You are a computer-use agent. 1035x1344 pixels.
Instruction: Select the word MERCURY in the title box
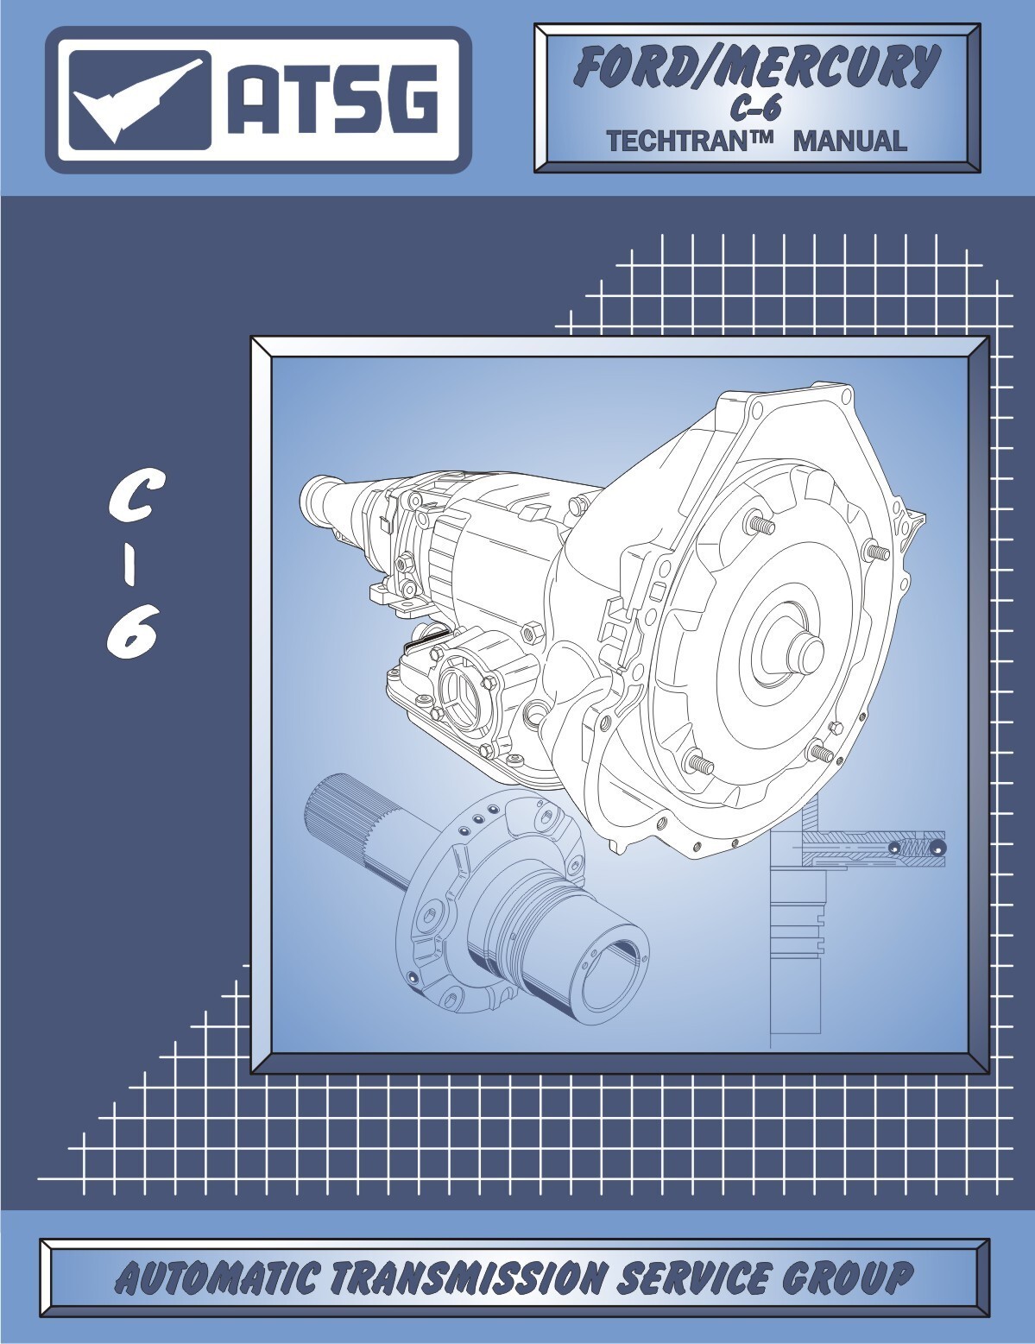[x=828, y=66]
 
